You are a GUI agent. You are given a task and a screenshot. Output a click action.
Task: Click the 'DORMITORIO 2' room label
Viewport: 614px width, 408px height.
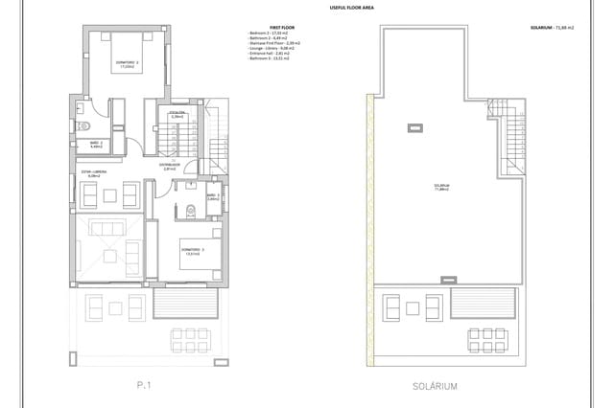point(127,65)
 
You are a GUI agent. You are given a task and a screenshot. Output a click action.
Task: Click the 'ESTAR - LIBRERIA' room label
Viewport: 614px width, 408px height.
point(94,173)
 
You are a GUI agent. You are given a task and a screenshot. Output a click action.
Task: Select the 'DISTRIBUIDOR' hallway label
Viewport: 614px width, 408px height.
point(171,165)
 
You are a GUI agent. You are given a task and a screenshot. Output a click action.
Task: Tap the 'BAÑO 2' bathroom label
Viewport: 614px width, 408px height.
point(95,145)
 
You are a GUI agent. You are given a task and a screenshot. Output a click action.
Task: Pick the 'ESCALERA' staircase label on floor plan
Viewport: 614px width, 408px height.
point(177,113)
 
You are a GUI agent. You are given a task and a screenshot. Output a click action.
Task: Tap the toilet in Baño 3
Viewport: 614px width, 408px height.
point(190,211)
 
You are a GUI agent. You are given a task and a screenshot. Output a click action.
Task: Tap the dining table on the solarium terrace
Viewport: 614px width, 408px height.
point(487,338)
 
